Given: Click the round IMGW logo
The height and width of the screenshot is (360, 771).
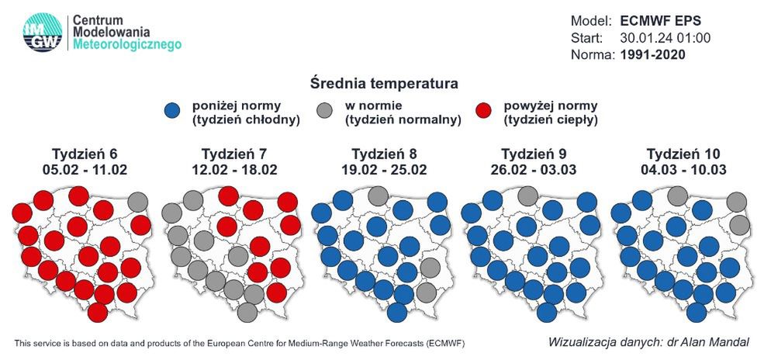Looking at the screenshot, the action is click(43, 33).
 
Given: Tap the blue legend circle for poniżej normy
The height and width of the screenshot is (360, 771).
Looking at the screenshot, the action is click(172, 112).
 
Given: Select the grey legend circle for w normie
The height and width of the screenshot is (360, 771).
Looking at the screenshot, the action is click(324, 112).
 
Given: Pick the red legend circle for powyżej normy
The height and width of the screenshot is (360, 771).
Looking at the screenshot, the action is click(484, 112).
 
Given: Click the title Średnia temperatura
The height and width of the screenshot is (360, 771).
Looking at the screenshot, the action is click(384, 84).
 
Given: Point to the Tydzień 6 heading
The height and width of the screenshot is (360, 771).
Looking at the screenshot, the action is click(85, 154).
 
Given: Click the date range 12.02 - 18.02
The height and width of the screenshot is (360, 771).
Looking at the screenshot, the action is click(234, 170).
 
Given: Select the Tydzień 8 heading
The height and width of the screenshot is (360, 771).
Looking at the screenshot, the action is click(384, 154).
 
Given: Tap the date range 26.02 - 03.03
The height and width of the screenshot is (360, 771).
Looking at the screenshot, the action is click(534, 170).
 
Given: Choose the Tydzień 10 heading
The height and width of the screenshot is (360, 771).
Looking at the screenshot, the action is click(683, 154).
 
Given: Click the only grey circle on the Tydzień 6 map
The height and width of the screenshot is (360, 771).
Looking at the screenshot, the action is click(138, 202).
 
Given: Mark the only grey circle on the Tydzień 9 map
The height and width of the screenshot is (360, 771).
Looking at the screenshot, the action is click(527, 196).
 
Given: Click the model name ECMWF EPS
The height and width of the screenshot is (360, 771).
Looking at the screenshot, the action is click(660, 22).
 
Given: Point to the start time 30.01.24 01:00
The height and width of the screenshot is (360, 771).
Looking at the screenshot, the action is click(666, 38).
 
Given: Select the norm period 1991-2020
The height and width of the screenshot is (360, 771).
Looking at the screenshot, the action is click(652, 55).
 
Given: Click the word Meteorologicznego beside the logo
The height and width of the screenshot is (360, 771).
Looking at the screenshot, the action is click(127, 45).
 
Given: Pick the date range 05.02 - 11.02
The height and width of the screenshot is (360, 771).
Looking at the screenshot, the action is click(85, 170).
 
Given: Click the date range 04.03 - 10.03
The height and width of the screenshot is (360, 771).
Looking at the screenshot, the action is click(683, 170).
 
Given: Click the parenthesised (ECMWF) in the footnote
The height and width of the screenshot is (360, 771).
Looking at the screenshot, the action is click(444, 343).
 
